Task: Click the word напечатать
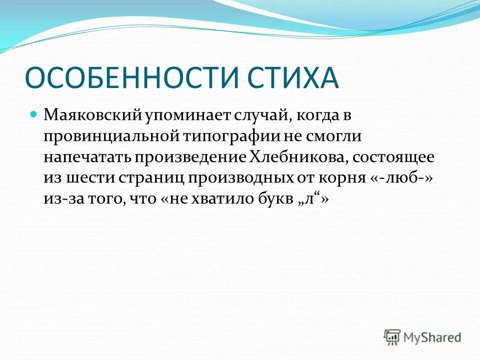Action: pos(86,157)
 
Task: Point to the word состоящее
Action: pos(393,157)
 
